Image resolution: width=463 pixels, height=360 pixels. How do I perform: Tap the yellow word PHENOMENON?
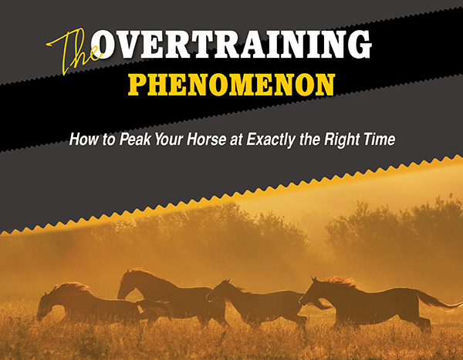231,85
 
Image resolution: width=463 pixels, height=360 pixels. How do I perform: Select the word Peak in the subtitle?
136,139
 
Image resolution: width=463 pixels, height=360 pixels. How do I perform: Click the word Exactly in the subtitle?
271,140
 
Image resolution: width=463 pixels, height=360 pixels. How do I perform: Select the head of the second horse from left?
127,284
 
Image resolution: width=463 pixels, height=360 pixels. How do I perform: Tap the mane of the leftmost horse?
73,286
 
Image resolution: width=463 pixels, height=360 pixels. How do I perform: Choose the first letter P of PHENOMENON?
137,85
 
